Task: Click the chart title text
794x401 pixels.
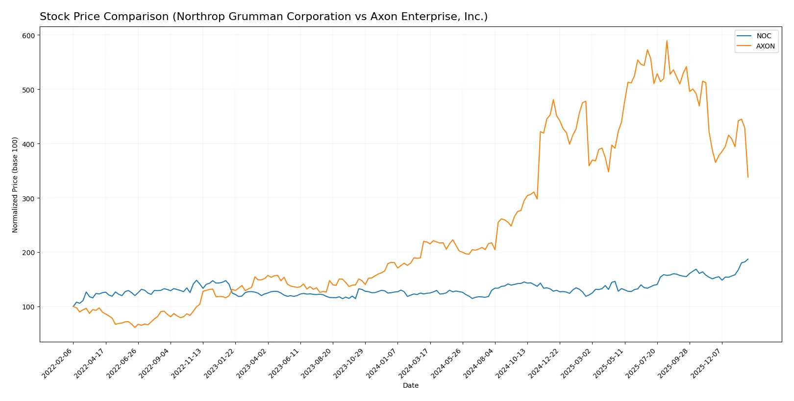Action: [264, 17]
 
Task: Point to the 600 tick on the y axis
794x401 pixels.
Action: [28, 35]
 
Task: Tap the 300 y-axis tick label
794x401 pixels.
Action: [28, 198]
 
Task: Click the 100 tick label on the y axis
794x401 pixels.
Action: [28, 307]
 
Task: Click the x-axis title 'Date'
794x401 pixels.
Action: [410, 385]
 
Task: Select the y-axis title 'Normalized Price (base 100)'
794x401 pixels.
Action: [15, 185]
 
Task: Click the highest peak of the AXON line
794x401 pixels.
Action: [667, 41]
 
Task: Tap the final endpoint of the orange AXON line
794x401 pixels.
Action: [748, 177]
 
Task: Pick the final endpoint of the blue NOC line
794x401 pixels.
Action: [748, 259]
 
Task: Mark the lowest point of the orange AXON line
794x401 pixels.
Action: [135, 327]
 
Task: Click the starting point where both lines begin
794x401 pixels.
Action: [73, 307]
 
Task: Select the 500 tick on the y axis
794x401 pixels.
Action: [28, 90]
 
